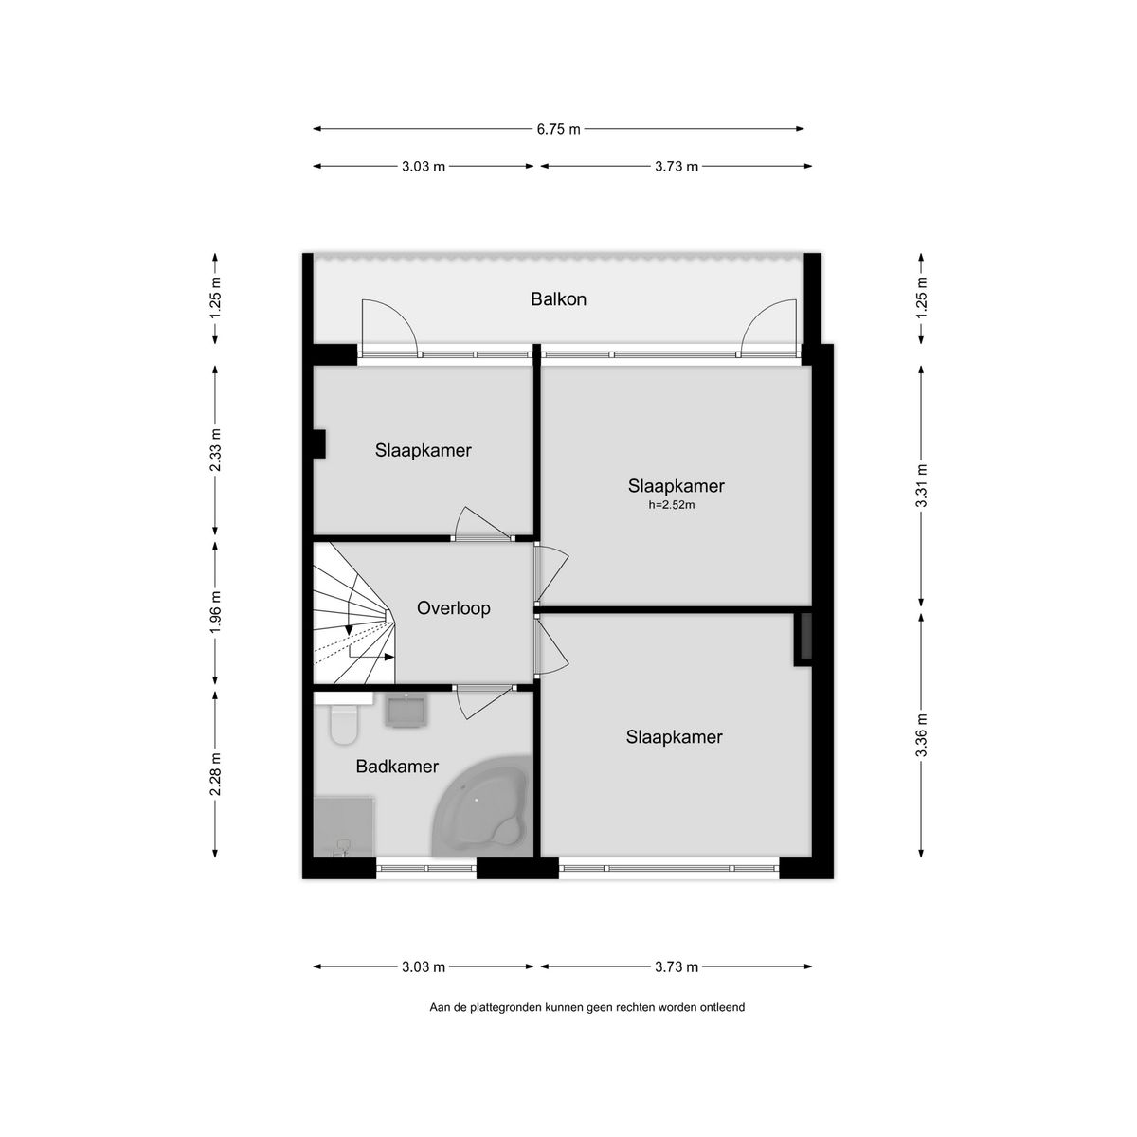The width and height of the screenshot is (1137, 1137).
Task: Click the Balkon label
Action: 558,299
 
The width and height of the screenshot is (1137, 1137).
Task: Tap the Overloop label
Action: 454,608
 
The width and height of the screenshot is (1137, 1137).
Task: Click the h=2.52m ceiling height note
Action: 671,505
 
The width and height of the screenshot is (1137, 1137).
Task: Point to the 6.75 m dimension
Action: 558,129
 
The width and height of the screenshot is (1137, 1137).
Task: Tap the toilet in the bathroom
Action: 342,724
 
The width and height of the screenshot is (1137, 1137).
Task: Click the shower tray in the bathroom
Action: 346,824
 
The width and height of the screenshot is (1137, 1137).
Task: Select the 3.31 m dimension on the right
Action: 921,484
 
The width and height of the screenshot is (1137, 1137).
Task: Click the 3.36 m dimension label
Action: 921,733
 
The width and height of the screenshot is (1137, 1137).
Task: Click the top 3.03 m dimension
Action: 424,167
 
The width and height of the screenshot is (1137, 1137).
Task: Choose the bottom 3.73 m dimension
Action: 677,967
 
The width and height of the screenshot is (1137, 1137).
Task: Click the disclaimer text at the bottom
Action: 587,1008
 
